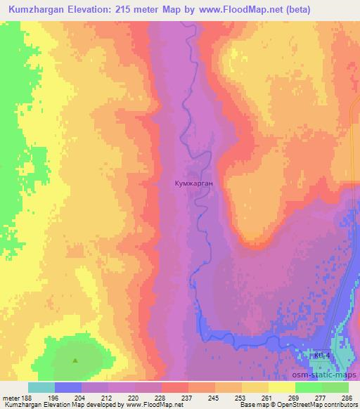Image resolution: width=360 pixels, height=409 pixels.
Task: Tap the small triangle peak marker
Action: [76, 361]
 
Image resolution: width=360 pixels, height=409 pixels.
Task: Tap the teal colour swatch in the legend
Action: [41, 387]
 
